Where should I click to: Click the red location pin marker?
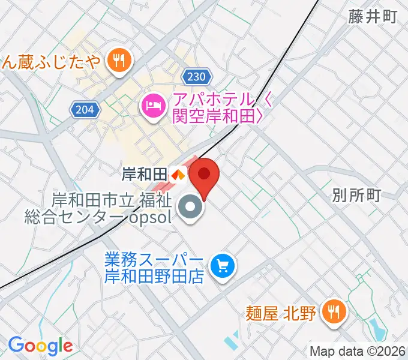(204, 175)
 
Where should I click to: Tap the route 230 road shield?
(196, 77)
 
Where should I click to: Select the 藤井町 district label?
(373, 17)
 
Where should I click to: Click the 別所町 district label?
(356, 195)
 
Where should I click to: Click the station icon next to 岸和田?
(177, 175)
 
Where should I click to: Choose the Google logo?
(40, 346)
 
